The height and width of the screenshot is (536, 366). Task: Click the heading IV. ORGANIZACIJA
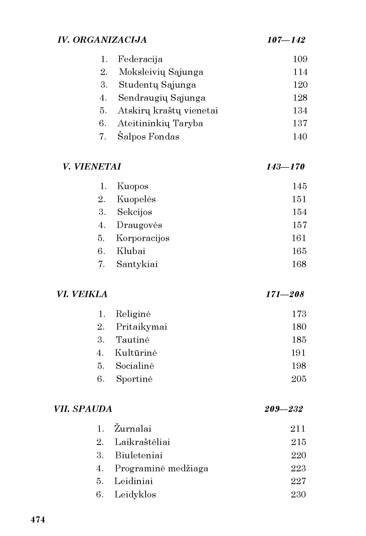click(x=102, y=40)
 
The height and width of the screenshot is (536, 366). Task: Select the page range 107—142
click(x=286, y=40)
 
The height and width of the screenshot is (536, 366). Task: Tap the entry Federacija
click(x=140, y=59)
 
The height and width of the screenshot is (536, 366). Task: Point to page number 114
click(x=300, y=72)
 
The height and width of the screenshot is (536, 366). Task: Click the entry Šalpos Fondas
click(x=148, y=137)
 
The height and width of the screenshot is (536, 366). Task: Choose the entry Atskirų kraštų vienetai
click(x=168, y=111)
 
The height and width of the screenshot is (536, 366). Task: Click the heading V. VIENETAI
click(x=92, y=167)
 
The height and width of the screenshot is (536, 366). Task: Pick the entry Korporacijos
click(x=143, y=238)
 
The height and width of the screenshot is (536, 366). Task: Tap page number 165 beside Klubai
click(x=299, y=251)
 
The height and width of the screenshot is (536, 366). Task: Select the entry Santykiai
click(x=137, y=264)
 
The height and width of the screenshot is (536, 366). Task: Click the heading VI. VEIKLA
click(x=82, y=294)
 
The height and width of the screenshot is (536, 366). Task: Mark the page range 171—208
click(x=285, y=294)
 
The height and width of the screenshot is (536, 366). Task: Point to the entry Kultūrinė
click(x=136, y=353)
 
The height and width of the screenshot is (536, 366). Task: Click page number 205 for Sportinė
click(x=299, y=379)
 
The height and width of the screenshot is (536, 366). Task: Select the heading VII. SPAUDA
click(x=83, y=409)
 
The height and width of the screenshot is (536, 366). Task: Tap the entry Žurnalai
click(x=133, y=429)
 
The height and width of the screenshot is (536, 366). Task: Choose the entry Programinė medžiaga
click(x=161, y=468)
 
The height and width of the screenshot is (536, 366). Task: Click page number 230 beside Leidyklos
click(x=298, y=495)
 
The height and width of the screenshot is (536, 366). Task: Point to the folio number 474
click(x=38, y=520)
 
